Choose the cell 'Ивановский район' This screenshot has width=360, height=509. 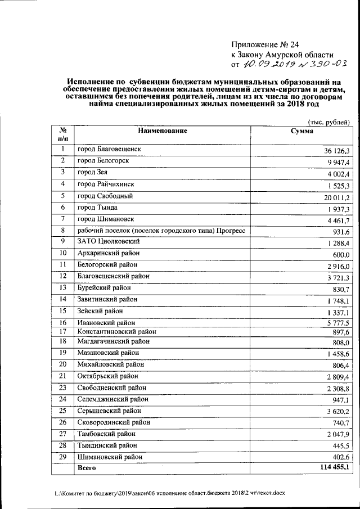[106, 323]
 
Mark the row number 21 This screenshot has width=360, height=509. [63, 376]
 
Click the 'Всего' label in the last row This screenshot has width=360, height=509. [86, 467]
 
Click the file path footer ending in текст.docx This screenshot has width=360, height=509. [170, 493]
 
